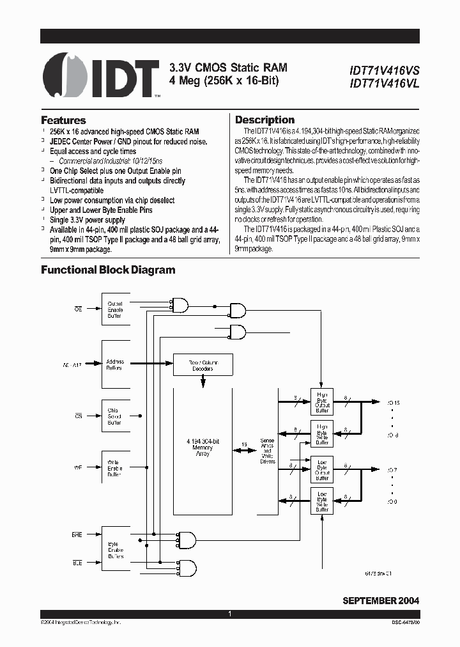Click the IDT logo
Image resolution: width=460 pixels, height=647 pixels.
point(102,75)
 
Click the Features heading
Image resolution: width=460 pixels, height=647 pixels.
point(63,120)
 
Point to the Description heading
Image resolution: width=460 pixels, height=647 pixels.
point(264,120)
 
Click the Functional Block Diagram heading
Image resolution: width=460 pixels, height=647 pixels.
point(108,270)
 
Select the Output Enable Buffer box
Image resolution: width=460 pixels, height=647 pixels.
point(116,309)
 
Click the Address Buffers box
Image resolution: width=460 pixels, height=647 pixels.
point(116,364)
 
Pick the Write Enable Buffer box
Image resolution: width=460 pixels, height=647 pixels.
point(116,469)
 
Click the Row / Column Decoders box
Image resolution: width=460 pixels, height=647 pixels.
point(203,365)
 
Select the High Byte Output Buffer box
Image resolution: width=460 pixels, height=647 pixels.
point(322,401)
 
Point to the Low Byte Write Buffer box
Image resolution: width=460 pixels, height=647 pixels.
point(322,501)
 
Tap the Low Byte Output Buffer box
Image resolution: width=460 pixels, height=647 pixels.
point(322,469)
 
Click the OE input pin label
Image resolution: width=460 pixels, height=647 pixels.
point(79,309)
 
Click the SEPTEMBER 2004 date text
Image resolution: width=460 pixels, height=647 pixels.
point(381,601)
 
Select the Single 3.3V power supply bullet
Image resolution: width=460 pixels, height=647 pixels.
point(89,219)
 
